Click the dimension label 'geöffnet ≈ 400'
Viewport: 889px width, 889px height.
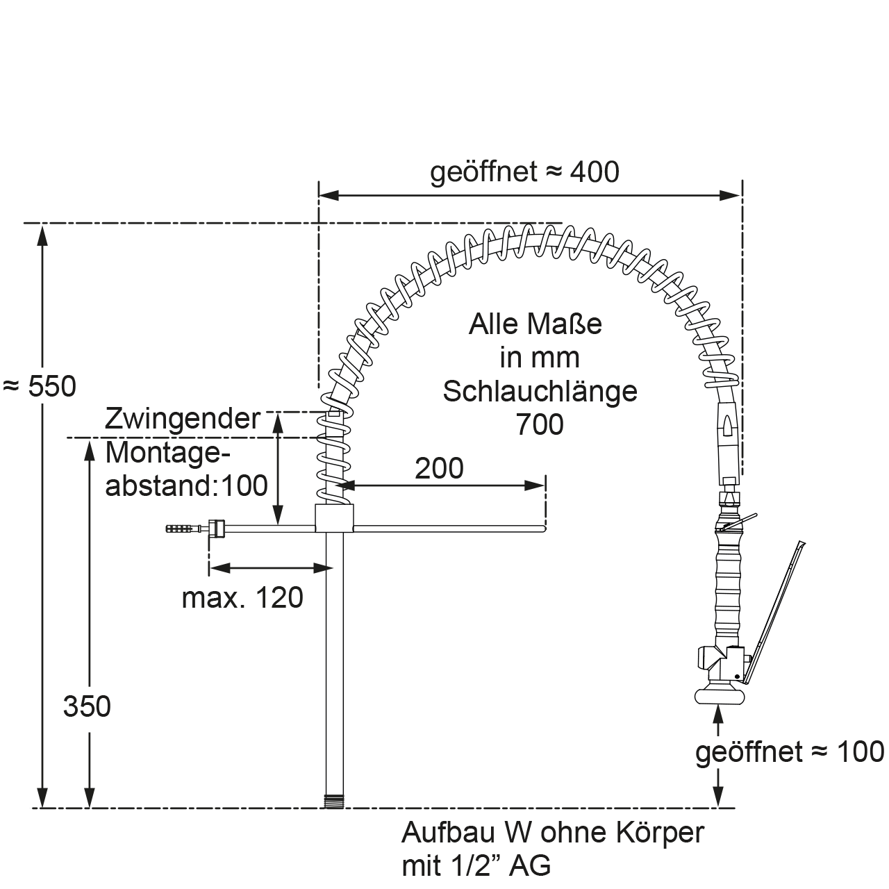pos(524,172)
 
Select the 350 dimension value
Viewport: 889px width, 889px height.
pos(87,706)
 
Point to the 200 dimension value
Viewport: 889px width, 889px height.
pos(439,469)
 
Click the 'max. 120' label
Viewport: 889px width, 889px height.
pos(242,597)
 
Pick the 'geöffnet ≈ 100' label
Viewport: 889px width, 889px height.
pos(790,751)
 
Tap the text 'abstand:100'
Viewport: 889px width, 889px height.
pos(186,485)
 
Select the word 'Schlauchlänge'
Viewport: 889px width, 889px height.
pos(540,391)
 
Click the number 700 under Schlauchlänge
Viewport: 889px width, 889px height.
pos(540,424)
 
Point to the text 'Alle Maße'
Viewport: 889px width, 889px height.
pos(535,324)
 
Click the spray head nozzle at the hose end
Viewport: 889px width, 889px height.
pos(720,697)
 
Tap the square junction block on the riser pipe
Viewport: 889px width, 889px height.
pos(335,517)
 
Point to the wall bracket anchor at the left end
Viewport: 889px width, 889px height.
pos(182,529)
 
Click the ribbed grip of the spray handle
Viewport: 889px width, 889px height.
pos(726,583)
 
